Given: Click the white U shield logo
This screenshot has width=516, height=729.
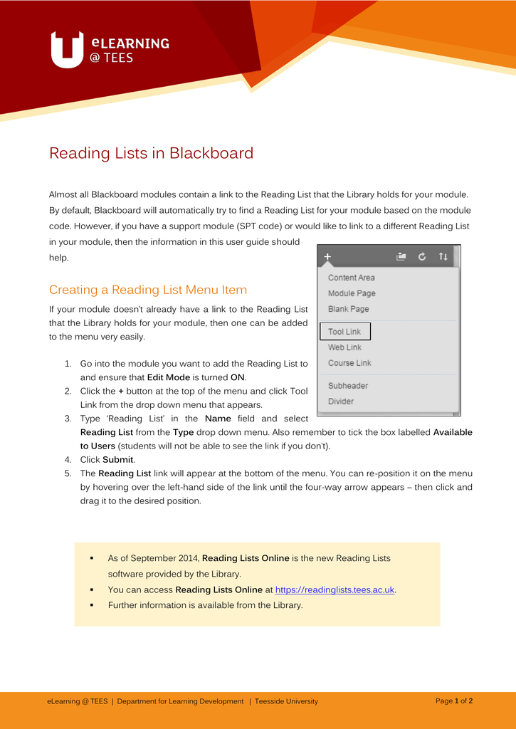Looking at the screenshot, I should [68, 50].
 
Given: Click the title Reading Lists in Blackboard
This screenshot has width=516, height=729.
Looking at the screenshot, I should [151, 153].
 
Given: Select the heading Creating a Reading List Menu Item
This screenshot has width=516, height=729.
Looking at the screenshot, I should [148, 290].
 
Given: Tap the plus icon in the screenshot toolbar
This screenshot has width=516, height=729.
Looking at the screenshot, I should [327, 256].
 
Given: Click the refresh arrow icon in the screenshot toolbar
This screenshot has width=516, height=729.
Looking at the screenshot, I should [422, 256].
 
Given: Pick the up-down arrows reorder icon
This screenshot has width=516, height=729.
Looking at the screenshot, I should [443, 256].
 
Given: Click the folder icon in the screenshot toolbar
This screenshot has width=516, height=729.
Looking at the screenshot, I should [401, 256].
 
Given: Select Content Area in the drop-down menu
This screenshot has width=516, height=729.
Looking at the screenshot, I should [351, 278].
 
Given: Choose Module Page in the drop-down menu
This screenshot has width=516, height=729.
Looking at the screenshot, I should [352, 293].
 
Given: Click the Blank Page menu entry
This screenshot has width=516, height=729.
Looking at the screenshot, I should [348, 309].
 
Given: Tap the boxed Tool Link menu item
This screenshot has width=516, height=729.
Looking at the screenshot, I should [345, 332].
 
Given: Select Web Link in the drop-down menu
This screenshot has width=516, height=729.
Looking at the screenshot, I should [344, 347].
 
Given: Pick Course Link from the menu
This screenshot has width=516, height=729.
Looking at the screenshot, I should [349, 363].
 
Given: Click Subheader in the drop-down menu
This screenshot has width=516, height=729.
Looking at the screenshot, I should [348, 386].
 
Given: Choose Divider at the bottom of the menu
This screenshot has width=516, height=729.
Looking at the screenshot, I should [340, 402].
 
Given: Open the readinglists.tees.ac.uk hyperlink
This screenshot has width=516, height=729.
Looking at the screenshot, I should [335, 589].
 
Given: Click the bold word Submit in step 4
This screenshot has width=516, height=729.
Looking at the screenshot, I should [117, 460].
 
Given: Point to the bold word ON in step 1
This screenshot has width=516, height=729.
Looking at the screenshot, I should [238, 377].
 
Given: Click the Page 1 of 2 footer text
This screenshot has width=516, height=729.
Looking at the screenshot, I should [454, 701].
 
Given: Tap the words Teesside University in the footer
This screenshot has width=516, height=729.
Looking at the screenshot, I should [286, 701].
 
